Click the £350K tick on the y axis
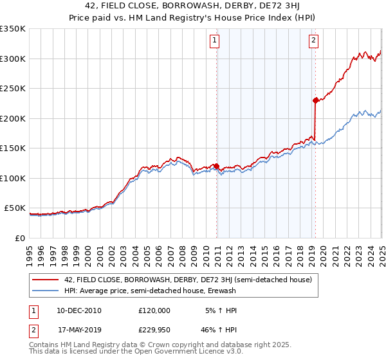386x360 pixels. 13,29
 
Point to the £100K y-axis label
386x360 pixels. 13,178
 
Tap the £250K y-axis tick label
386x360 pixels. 13,89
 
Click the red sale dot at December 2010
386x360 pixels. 217,166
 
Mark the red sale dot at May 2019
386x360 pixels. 315,100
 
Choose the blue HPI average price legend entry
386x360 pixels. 151,291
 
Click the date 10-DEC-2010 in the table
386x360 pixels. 78,310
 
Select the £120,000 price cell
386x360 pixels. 154,310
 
